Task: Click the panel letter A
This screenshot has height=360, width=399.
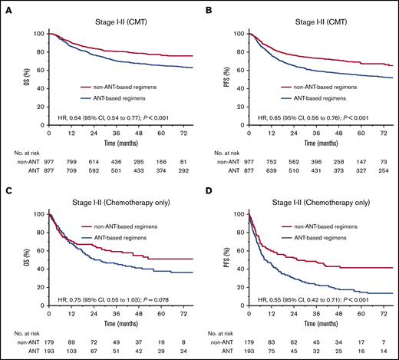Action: tap(5, 5)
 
